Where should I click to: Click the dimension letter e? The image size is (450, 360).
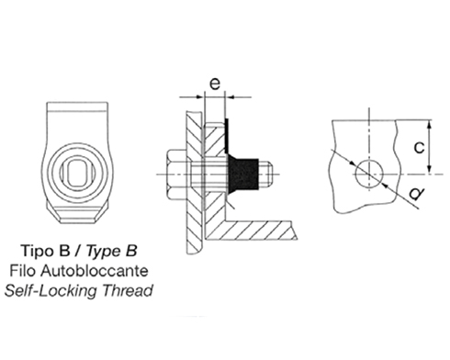(x=215, y=84)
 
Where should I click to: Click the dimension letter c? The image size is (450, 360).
(x=419, y=147)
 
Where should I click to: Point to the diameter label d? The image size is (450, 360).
(x=417, y=194)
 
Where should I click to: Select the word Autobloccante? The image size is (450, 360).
(x=95, y=271)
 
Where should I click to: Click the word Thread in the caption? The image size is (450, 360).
(x=128, y=290)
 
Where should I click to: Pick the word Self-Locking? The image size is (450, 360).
(x=51, y=290)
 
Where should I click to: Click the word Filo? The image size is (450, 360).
(x=23, y=271)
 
